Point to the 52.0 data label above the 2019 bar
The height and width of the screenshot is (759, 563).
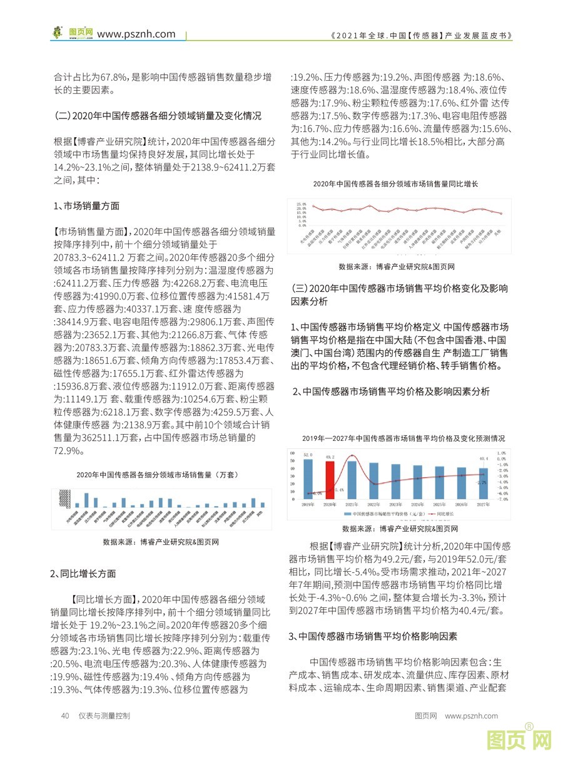tap(308, 455)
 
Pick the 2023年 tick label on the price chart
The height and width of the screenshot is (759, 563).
tap(395, 504)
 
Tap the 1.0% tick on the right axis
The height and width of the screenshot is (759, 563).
tap(501, 452)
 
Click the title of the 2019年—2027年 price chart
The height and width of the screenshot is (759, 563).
tap(403, 438)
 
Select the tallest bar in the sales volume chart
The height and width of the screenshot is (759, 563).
tap(86, 500)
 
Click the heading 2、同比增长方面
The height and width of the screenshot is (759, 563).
tap(83, 573)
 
